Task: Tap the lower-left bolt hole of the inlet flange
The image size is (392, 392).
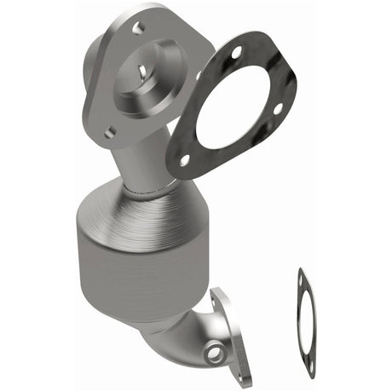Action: (110, 132)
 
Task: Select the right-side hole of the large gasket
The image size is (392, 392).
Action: (277, 108)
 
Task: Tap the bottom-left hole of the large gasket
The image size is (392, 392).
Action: (184, 159)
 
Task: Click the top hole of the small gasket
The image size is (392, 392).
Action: (302, 274)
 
